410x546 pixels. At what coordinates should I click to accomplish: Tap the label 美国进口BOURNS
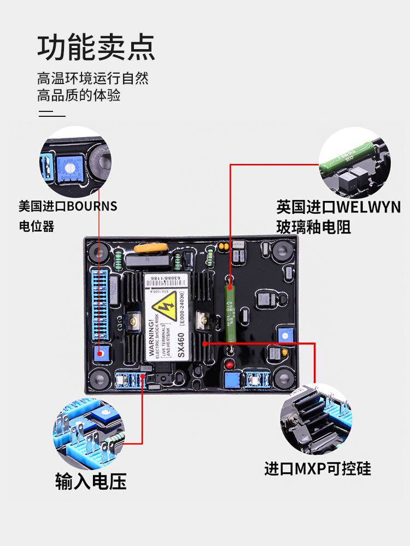tap(68, 206)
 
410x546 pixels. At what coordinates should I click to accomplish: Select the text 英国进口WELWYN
tap(338, 207)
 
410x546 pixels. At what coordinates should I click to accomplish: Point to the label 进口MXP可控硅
tap(318, 469)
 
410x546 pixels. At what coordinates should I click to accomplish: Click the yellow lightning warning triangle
tap(167, 307)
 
